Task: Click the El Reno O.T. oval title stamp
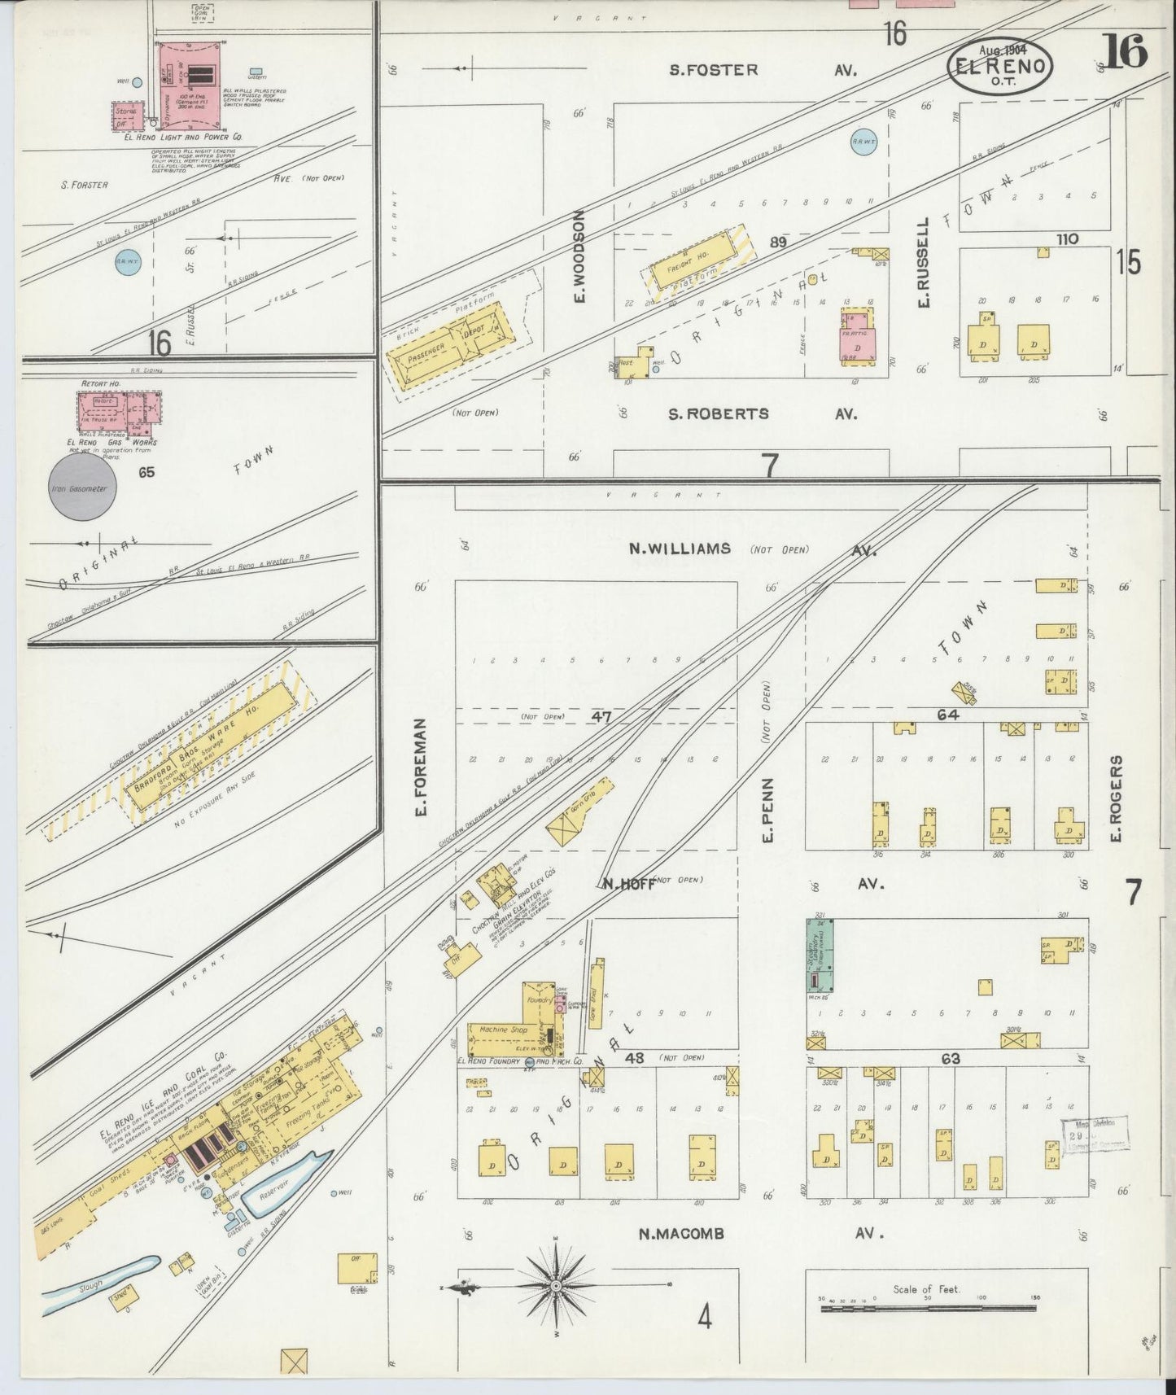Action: [999, 66]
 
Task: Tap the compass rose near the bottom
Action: [556, 1285]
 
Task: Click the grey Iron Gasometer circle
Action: [82, 488]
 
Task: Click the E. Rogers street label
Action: [1116, 799]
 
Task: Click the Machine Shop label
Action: [504, 1030]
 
